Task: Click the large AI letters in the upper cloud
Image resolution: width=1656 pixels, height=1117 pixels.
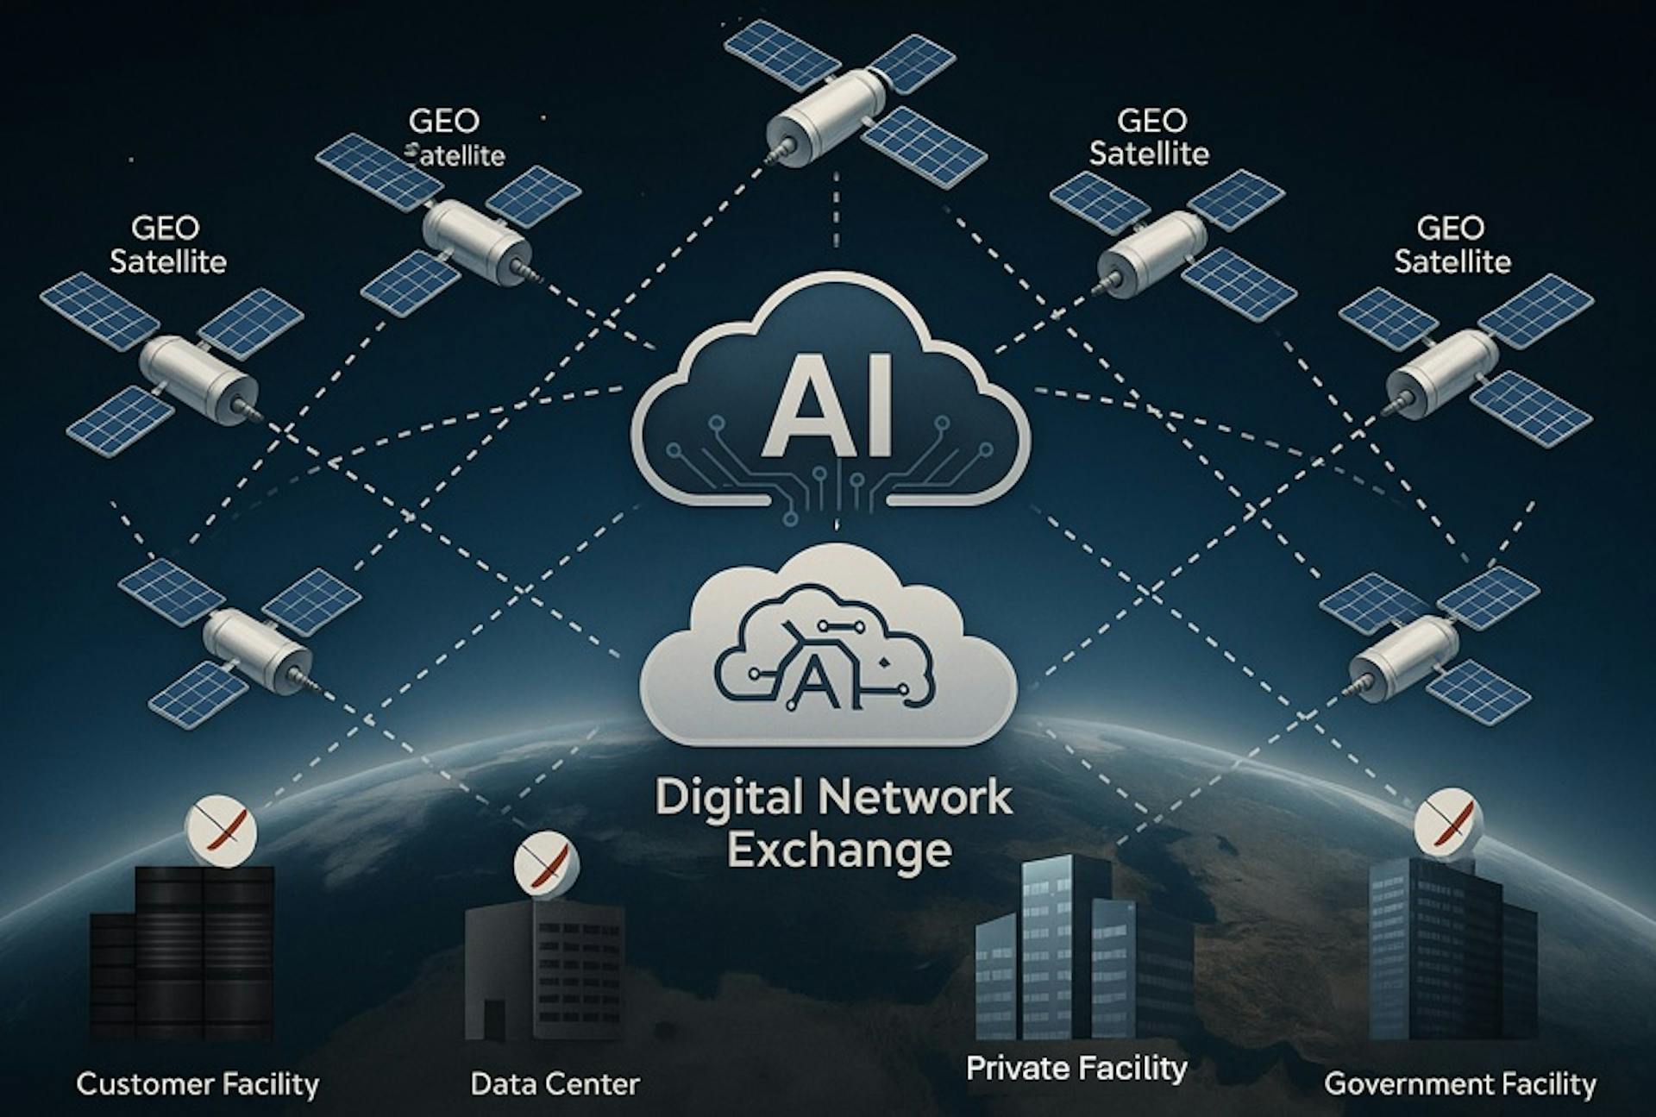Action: (x=826, y=412)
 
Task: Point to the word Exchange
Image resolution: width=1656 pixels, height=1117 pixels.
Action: (x=838, y=850)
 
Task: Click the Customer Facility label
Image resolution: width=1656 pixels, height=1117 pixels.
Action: (x=198, y=1083)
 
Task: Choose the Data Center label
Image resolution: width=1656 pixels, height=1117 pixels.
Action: (x=555, y=1083)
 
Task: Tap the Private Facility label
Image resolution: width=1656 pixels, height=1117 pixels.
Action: (x=1076, y=1068)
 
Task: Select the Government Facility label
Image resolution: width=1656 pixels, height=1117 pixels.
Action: (x=1459, y=1083)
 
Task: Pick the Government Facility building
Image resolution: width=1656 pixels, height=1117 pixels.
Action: (x=1449, y=949)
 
